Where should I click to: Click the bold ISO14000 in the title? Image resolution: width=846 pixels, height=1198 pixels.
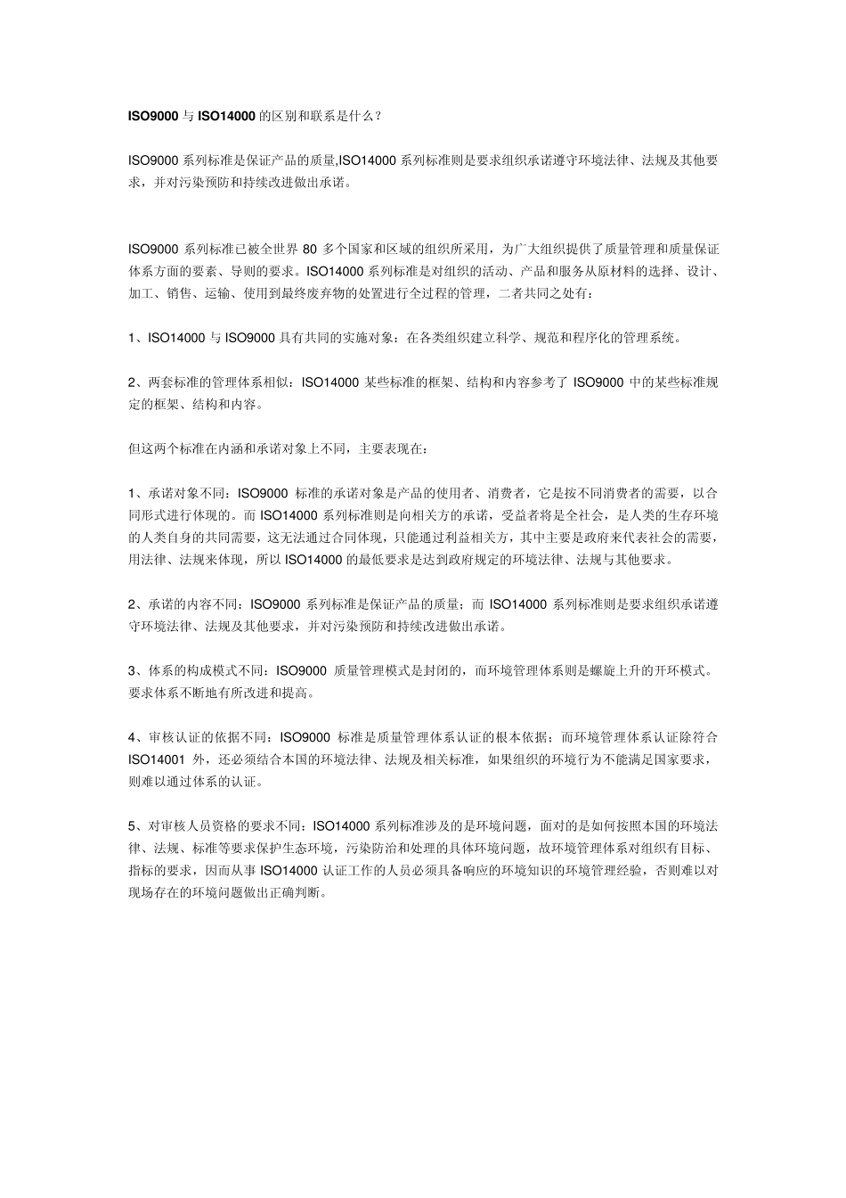tap(226, 116)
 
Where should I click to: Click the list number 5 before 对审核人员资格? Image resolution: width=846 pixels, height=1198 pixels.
tap(132, 825)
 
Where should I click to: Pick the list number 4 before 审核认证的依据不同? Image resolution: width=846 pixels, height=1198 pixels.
tap(132, 737)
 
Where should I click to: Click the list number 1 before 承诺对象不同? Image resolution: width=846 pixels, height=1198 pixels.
tap(132, 493)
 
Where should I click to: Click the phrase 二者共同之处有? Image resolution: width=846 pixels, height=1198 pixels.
tap(543, 293)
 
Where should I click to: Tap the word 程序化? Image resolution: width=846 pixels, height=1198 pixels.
tap(584, 338)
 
